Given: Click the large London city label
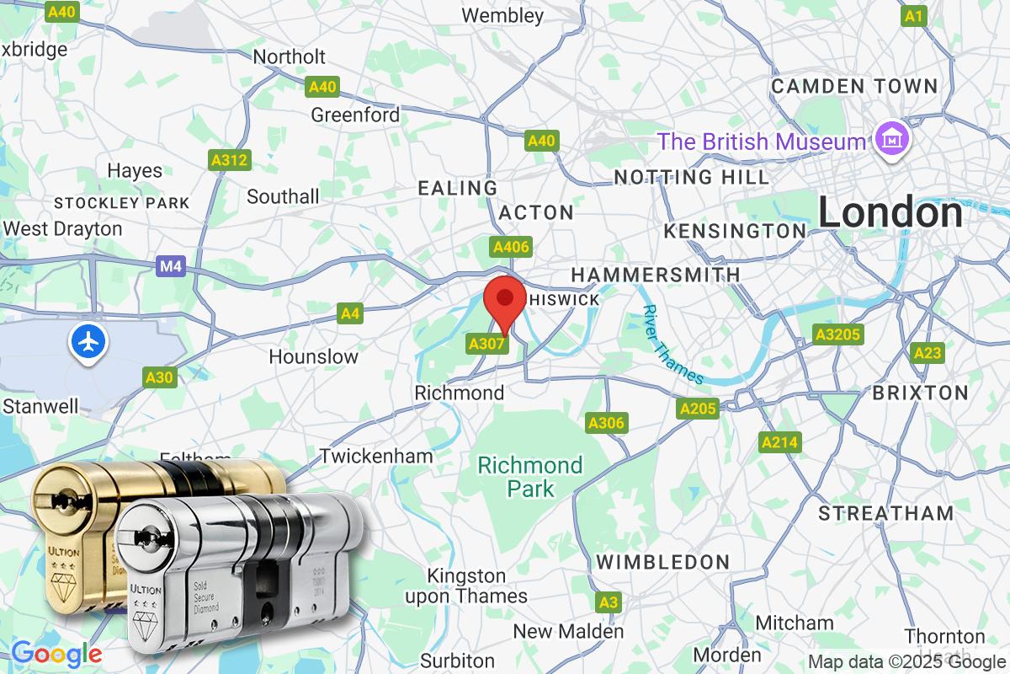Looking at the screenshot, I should pyautogui.click(x=890, y=212).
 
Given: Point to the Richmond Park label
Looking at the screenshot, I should pyautogui.click(x=530, y=477).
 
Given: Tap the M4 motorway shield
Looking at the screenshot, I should pyautogui.click(x=170, y=267).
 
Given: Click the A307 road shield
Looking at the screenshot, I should pyautogui.click(x=487, y=344).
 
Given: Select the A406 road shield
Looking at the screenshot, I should pyautogui.click(x=511, y=247).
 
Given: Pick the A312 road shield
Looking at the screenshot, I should pyautogui.click(x=230, y=160).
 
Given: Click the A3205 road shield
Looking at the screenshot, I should pyautogui.click(x=838, y=335).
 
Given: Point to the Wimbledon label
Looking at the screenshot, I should pyautogui.click(x=662, y=562).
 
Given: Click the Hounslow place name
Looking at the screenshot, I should pyautogui.click(x=313, y=357).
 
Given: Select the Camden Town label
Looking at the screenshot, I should pyautogui.click(x=854, y=86).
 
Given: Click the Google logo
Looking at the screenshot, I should pyautogui.click(x=56, y=653).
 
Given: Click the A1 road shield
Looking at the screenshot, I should pyautogui.click(x=914, y=16).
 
